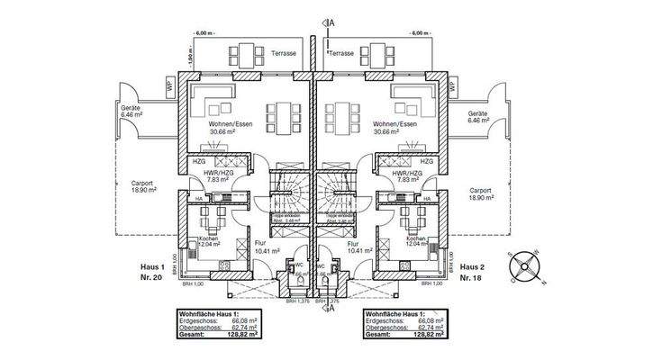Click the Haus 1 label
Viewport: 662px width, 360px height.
point(151,267)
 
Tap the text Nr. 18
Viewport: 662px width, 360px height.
point(474,279)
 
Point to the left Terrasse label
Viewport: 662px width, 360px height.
point(287,54)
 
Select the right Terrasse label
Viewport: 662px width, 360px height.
point(341,54)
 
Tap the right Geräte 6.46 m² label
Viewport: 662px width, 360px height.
point(477,116)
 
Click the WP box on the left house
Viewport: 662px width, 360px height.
point(169,85)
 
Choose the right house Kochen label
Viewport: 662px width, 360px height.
point(417,238)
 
